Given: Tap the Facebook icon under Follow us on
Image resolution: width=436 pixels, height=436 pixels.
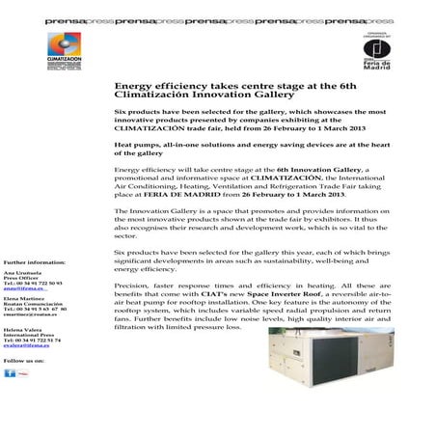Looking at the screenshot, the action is click(x=10, y=373).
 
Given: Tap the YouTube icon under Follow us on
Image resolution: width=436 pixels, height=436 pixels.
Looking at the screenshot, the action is click(x=23, y=373).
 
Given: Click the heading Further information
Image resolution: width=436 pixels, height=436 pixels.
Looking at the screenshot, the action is click(x=34, y=262).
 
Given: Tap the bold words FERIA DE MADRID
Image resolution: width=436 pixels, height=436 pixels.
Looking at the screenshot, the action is click(x=181, y=194).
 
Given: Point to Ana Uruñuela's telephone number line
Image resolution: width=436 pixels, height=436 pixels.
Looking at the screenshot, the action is click(x=32, y=282).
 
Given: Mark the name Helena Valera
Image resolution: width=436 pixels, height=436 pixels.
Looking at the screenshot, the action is click(x=25, y=328).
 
